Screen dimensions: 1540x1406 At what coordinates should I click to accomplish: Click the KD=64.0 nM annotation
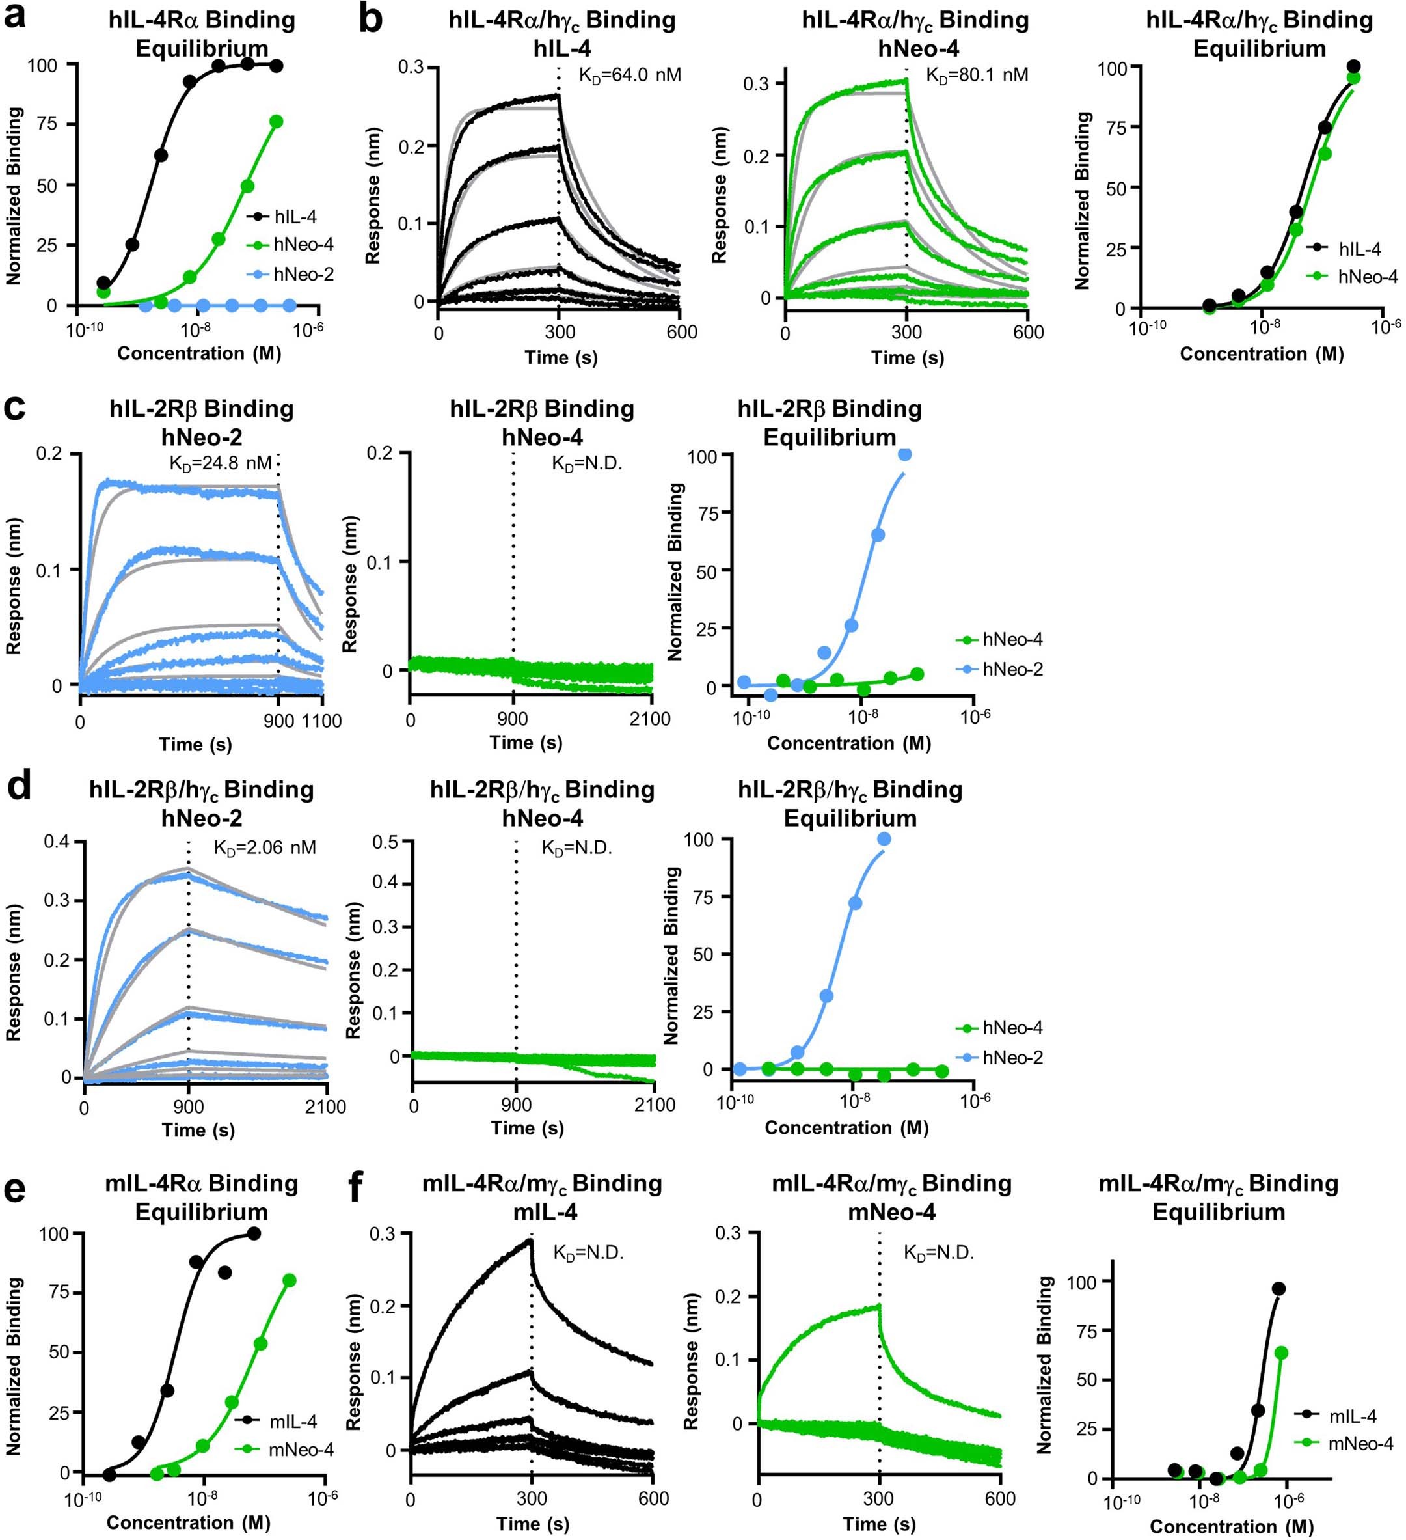[620, 75]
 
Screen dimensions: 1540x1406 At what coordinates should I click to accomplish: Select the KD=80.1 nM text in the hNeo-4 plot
[977, 75]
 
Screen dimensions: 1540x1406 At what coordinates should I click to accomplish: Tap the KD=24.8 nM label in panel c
[220, 463]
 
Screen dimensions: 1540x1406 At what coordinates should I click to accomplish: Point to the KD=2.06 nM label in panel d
[264, 847]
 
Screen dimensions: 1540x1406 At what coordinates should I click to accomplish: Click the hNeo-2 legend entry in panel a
[303, 274]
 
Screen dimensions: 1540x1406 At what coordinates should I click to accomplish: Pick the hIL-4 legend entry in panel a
[295, 216]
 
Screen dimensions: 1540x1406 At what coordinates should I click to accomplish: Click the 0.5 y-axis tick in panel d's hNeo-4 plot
[386, 842]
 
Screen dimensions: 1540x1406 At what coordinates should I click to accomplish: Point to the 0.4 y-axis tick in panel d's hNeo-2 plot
[57, 842]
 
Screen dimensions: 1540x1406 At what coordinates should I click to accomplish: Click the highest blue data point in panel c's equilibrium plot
[905, 454]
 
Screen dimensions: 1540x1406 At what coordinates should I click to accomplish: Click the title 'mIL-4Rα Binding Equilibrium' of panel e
[202, 1197]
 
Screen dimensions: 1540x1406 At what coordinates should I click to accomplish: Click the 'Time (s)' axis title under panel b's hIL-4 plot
[561, 357]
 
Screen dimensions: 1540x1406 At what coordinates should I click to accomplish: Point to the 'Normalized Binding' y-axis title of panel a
[14, 197]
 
